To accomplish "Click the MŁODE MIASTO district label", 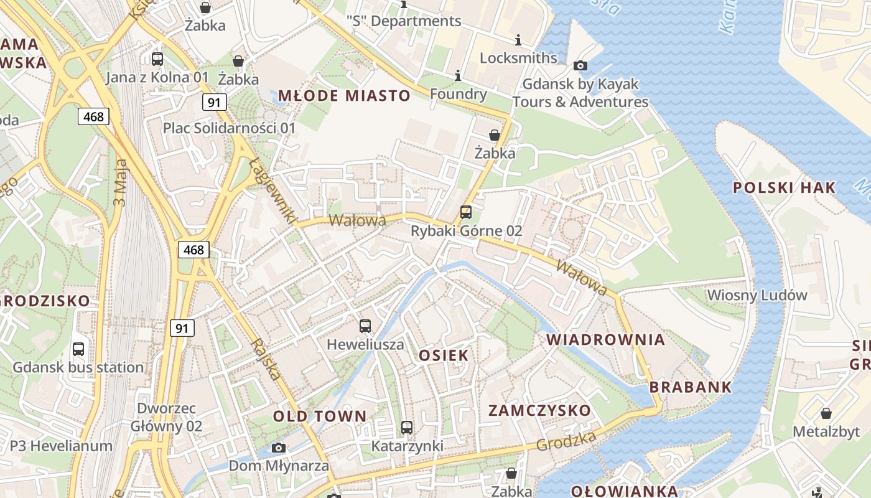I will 344,96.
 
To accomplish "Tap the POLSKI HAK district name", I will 785,188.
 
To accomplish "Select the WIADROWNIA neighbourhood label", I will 606,340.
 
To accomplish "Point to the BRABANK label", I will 691,387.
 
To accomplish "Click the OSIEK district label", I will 444,355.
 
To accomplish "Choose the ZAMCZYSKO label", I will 539,411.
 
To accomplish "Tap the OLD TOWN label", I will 320,416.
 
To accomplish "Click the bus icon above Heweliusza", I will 365,326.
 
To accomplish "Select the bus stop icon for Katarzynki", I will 407,428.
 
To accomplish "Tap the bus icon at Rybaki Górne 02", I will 466,212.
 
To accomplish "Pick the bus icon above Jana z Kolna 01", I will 157,59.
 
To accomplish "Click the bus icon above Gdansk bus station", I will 78,349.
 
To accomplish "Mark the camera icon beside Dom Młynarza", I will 279,448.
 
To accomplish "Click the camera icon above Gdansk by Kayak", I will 580,65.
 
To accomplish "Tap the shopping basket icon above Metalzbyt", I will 826,413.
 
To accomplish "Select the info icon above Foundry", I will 459,75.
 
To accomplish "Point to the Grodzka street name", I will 566,441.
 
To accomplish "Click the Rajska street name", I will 265,359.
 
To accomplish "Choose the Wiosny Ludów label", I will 757,295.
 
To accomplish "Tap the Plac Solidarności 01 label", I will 229,128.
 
